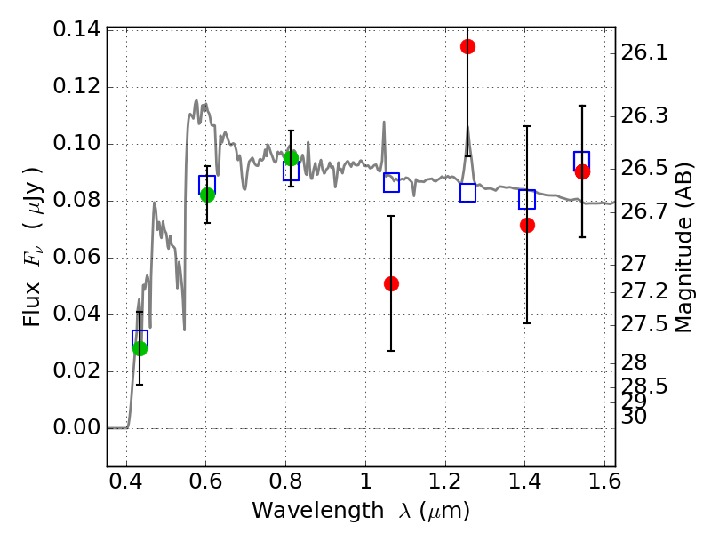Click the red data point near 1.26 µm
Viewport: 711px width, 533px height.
[467, 46]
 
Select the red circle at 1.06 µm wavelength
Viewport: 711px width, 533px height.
[391, 283]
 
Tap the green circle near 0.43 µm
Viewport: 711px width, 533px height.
[140, 348]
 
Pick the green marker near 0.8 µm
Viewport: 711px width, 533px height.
[291, 158]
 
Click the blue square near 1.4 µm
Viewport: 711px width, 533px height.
[527, 199]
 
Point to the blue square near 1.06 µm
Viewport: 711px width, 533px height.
[391, 182]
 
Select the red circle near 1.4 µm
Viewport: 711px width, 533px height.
[527, 225]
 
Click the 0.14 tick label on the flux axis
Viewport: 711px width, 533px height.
[76, 30]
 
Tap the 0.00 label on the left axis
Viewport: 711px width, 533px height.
[76, 428]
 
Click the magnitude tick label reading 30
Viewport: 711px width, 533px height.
[635, 416]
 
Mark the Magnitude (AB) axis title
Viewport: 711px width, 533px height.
[683, 247]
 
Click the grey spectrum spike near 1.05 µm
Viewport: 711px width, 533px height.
[384, 124]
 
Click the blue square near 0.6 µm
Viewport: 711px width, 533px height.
[207, 185]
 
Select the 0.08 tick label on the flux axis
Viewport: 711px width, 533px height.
[76, 201]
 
